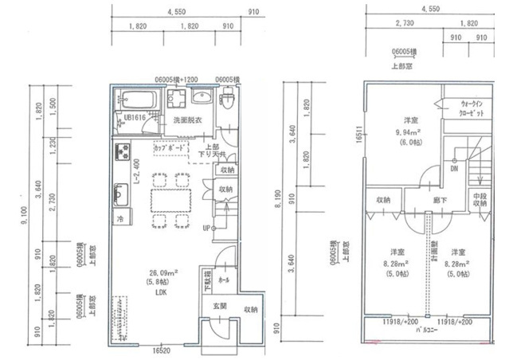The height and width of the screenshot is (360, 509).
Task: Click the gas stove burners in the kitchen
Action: (x=122, y=151)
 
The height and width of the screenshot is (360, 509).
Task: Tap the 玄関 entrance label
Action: (x=219, y=307)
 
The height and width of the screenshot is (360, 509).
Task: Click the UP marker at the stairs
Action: (x=206, y=229)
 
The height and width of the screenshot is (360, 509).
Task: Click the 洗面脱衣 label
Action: (x=187, y=121)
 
